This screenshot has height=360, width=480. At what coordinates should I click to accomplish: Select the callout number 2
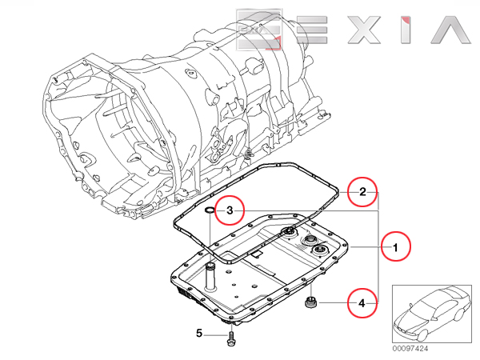[x=362, y=192]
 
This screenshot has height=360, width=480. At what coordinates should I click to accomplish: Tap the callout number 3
[x=230, y=210]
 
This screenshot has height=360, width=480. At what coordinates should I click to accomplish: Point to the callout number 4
[x=362, y=303]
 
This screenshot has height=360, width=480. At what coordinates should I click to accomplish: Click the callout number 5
[x=199, y=332]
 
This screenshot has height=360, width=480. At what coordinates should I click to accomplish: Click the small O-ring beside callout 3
[x=210, y=210]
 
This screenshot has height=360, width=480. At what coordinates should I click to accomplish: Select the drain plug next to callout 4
[x=310, y=303]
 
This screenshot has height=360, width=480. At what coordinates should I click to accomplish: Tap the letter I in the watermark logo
[x=405, y=27]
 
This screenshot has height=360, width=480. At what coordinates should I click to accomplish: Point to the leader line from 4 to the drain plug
[x=334, y=303]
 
